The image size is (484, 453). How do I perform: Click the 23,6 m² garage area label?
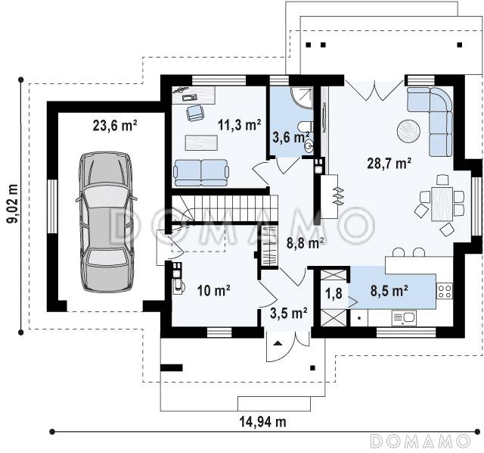tap(115, 126)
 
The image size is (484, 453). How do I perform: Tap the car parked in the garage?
tap(106, 222)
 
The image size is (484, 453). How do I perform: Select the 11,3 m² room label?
tap(240, 125)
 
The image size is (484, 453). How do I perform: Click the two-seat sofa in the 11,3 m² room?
tap(201, 173)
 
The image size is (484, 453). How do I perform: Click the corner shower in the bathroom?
tap(302, 98)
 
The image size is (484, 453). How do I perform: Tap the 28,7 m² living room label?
tap(389, 163)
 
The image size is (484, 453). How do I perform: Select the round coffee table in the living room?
tap(408, 131)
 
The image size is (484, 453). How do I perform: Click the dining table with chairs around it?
tap(442, 204)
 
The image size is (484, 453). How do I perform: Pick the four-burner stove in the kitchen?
tap(444, 291)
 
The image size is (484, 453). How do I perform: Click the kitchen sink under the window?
tap(404, 318)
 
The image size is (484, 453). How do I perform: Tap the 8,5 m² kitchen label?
tap(389, 291)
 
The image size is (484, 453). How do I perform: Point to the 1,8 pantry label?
tap(334, 293)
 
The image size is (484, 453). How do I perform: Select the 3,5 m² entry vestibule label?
tap(289, 313)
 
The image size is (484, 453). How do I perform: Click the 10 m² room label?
tap(213, 290)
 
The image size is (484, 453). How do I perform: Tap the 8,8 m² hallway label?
tap(306, 243)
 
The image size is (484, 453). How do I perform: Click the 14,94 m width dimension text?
tap(263, 421)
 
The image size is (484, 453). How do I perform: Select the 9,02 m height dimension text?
tap(13, 204)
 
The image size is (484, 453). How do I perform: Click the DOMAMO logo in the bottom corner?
tap(420, 441)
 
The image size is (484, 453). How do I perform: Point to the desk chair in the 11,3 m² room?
tap(195, 113)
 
